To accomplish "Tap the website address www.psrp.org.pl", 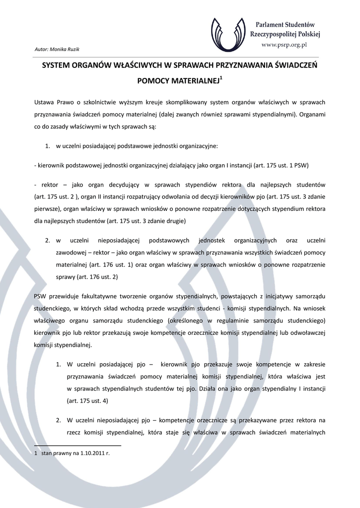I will click(285, 44).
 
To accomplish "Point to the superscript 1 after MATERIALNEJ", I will click(221, 77).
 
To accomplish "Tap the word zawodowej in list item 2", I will click(70, 252).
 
